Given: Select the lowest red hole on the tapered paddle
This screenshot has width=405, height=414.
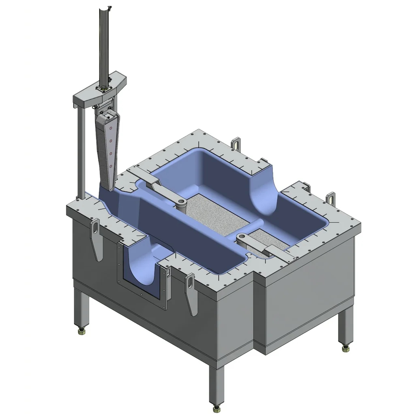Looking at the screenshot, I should [110, 166].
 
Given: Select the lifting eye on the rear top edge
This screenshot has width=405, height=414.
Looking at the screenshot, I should [236, 144].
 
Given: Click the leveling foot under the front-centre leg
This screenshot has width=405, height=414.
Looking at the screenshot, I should [216, 407].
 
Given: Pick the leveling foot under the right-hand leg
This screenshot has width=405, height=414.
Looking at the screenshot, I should [345, 348].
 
